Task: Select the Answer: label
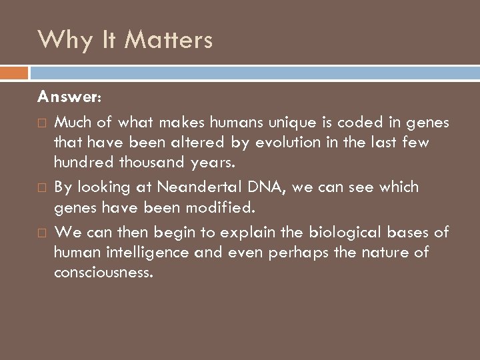69,97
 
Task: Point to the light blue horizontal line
253,68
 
